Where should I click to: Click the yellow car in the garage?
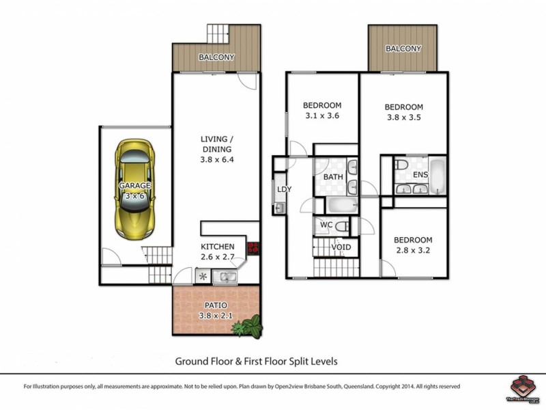click(134, 189)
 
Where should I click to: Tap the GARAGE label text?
click(134, 185)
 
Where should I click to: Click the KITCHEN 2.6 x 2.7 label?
click(217, 251)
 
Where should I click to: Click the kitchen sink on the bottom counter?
click(225, 277)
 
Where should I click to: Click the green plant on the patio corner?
click(248, 326)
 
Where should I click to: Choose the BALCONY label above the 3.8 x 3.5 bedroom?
click(403, 49)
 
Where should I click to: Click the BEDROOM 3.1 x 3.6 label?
click(322, 111)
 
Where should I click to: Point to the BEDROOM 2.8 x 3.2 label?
click(413, 245)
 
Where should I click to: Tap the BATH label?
click(333, 177)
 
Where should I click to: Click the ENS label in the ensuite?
click(420, 175)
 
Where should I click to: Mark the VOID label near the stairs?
click(341, 247)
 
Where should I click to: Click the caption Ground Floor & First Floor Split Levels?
click(257, 360)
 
